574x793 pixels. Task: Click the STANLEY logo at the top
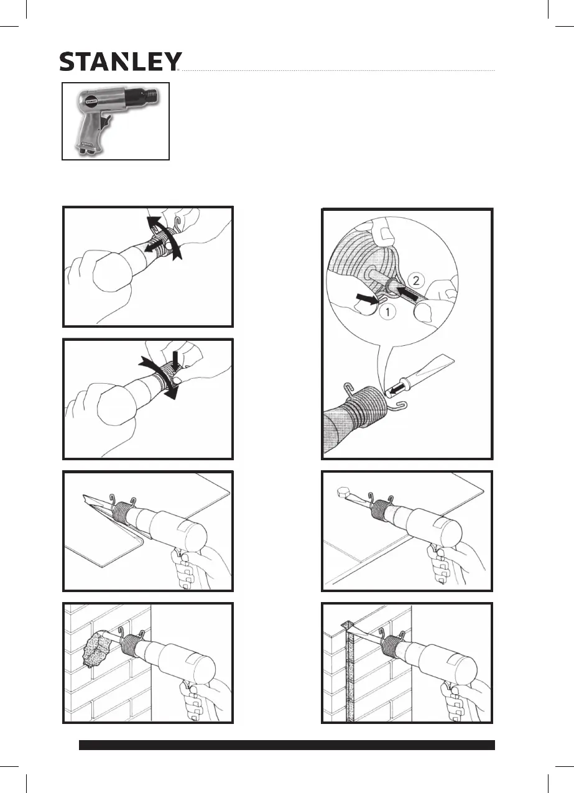[120, 61]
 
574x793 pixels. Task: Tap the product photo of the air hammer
[116, 121]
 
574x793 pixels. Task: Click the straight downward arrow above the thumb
[176, 360]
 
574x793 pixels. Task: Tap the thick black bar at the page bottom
[287, 745]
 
